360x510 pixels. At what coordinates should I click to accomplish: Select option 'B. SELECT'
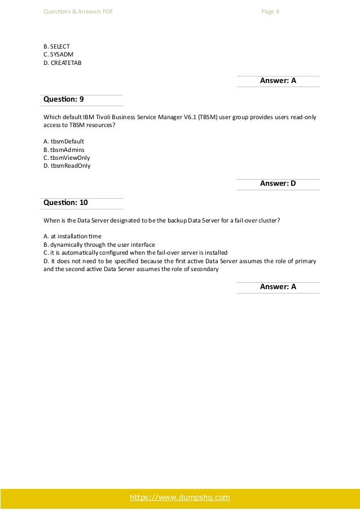[56, 45]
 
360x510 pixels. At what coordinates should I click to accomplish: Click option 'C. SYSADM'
[58, 54]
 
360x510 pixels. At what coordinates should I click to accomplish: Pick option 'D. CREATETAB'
[62, 62]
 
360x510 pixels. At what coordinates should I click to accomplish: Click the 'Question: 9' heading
[64, 99]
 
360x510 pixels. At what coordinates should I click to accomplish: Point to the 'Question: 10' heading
[65, 202]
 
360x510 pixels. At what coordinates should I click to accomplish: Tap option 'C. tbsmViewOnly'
[66, 158]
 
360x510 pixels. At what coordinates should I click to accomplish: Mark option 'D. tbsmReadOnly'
[67, 166]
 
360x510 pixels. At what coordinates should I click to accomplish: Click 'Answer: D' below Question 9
[278, 184]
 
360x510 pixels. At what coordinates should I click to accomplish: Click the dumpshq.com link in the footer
[179, 497]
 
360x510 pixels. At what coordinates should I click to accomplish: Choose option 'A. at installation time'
[73, 235]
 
